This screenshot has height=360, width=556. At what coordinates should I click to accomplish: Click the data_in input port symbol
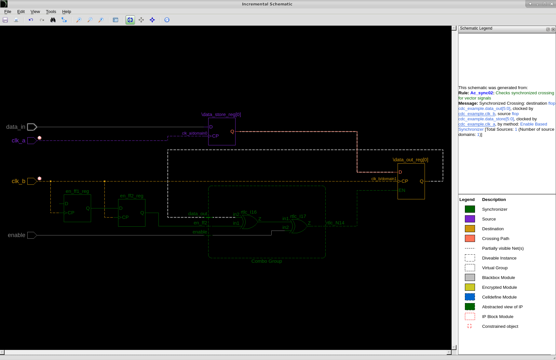pyautogui.click(x=32, y=127)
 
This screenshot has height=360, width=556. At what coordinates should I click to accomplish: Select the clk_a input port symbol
pyautogui.click(x=32, y=140)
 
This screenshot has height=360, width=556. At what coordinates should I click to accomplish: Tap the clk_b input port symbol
pyautogui.click(x=32, y=181)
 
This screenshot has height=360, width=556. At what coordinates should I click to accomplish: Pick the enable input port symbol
pyautogui.click(x=32, y=235)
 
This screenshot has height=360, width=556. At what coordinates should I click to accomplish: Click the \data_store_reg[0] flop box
pyautogui.click(x=222, y=131)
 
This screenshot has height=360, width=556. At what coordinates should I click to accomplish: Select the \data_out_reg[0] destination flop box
pyautogui.click(x=411, y=181)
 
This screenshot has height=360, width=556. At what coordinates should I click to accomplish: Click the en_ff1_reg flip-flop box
pyautogui.click(x=77, y=208)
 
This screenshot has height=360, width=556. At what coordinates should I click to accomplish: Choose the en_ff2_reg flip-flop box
pyautogui.click(x=132, y=213)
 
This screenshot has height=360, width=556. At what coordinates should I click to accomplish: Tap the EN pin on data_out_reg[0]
pyautogui.click(x=402, y=190)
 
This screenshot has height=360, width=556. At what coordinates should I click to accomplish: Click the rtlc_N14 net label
pyautogui.click(x=335, y=223)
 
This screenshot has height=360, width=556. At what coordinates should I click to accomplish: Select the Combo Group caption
pyautogui.click(x=266, y=261)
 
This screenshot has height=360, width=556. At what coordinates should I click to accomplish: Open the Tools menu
pyautogui.click(x=51, y=12)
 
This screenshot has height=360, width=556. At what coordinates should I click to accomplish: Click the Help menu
pyautogui.click(x=66, y=12)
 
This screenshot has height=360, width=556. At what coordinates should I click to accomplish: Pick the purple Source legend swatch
pyautogui.click(x=470, y=219)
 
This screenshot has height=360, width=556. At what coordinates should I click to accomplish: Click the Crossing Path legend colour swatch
pyautogui.click(x=470, y=238)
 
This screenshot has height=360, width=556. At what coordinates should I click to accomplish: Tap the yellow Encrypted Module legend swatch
pyautogui.click(x=470, y=287)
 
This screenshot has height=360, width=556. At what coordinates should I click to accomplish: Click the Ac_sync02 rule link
pyautogui.click(x=481, y=93)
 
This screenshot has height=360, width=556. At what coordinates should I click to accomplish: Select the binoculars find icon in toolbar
pyautogui.click(x=53, y=20)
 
